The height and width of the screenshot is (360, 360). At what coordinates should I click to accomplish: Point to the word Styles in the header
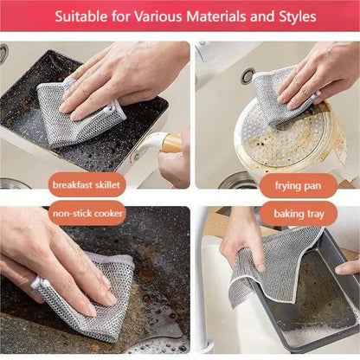pos(291,17)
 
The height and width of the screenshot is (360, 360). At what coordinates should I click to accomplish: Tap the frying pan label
pos(298,185)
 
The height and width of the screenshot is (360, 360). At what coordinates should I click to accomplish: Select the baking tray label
pos(298,212)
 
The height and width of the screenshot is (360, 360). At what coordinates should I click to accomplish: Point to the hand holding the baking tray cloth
pos(238,242)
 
